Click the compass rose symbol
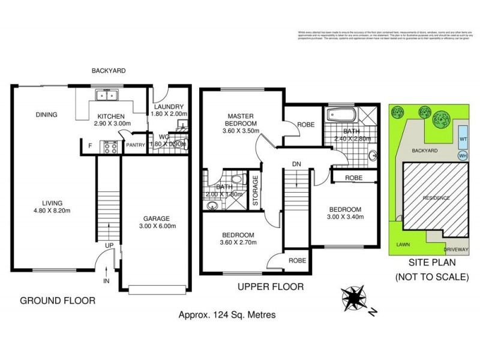pos(355,298)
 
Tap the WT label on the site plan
pos(463,139)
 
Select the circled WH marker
pos(463,155)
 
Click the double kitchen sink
pos(109,95)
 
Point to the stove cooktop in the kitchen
pos(112,147)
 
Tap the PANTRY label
pos(134,145)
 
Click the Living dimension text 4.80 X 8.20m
pos(53,211)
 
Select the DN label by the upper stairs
pos(297,163)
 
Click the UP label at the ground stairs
pos(109,246)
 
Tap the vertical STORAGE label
pos(255,191)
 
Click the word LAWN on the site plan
pos(403,245)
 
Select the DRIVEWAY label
pos(455,248)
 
